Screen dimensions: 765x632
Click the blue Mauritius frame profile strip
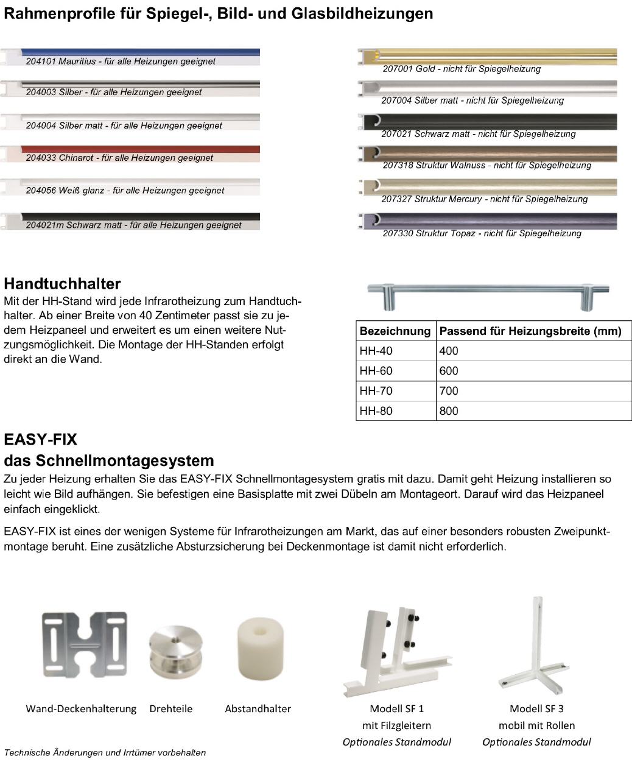coord(140,52)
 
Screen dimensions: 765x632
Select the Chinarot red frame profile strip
coord(140,149)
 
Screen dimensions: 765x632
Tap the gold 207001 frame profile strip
coord(487,56)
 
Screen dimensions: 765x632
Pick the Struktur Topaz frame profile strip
coord(487,220)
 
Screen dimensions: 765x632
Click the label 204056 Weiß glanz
coord(125,191)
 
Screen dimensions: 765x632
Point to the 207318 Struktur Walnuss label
coord(486,166)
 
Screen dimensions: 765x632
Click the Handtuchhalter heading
coord(62,283)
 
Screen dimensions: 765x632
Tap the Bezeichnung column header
coord(395,331)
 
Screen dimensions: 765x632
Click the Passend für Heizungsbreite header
coord(530,331)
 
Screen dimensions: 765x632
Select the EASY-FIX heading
coord(40,440)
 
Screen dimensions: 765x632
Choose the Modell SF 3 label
coord(536,708)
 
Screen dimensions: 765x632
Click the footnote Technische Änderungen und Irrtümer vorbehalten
coord(105,753)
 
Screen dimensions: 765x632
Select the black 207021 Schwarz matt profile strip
coord(487,122)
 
